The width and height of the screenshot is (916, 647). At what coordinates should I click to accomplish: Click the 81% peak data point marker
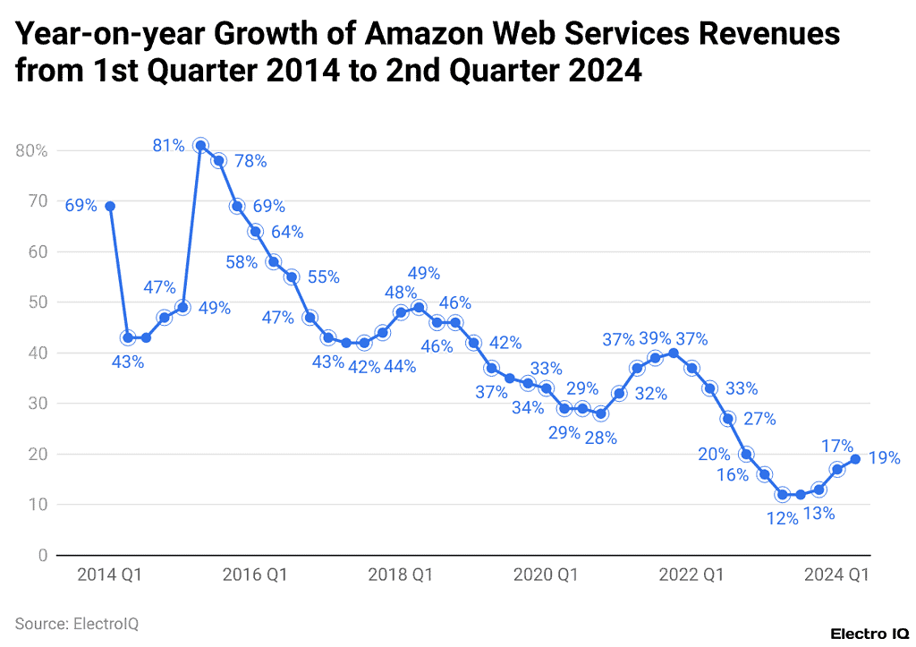tap(201, 146)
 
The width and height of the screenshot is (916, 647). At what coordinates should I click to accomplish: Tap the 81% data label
tap(168, 144)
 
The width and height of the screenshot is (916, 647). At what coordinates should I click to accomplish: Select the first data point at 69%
tap(110, 206)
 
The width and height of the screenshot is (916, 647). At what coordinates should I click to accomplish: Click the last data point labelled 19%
tap(855, 459)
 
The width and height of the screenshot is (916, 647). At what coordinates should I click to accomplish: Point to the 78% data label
tap(250, 161)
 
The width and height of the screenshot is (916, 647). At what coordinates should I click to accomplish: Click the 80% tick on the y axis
tap(31, 150)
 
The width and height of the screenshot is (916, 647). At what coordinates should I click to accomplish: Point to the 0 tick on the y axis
tap(42, 556)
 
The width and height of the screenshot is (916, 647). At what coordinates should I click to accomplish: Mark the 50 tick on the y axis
tap(38, 302)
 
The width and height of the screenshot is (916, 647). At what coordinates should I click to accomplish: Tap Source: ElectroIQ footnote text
tap(77, 623)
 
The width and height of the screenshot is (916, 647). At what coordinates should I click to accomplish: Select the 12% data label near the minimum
tap(782, 518)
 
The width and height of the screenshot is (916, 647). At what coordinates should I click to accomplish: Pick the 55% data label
tap(323, 277)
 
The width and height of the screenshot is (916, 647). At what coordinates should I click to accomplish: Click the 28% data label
tap(600, 438)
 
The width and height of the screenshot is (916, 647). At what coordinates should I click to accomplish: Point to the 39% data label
tap(655, 339)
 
